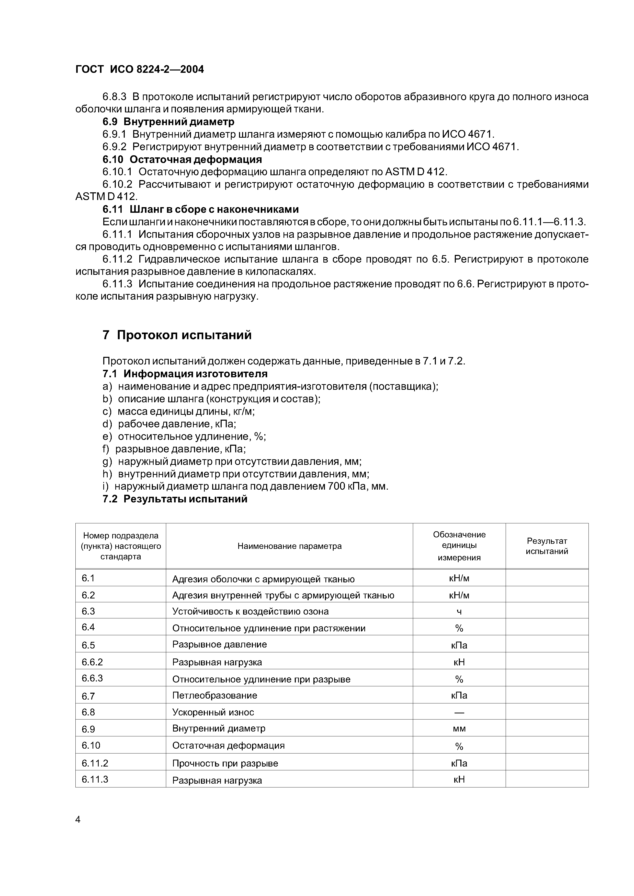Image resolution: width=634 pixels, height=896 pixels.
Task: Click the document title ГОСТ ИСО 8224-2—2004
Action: coord(140,69)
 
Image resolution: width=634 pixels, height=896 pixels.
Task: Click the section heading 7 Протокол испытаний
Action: coord(177,335)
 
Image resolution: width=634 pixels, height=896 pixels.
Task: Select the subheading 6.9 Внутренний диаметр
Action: coord(168,122)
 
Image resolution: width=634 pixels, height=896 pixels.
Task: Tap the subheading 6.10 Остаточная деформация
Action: coord(182,159)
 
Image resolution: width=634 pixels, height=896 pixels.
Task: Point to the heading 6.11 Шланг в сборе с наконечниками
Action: coord(200,209)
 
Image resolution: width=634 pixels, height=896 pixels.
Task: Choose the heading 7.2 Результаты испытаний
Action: coord(175,499)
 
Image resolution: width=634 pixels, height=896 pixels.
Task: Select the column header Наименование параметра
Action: coord(289,546)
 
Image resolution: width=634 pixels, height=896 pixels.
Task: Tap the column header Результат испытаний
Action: coord(547,546)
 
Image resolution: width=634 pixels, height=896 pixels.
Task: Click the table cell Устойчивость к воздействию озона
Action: coord(250,611)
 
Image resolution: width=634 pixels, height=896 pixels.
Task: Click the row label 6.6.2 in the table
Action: coord(92,662)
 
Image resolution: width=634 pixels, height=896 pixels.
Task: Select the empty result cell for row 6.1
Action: coord(547,578)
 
